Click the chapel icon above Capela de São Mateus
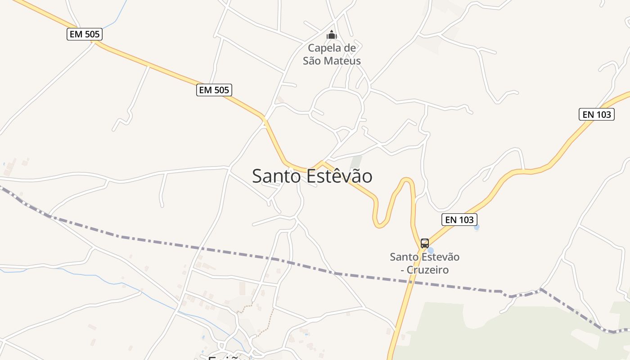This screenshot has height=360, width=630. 332,35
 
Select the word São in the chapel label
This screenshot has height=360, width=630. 310,61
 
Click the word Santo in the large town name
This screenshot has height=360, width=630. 276,176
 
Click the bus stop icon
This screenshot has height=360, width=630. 424,243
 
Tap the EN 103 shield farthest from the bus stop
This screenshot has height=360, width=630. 597,114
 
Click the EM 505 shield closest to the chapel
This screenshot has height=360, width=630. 214,90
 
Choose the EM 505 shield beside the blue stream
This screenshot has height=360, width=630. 85,34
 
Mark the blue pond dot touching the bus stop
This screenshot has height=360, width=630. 431,250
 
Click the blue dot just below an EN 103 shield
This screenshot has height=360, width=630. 477,228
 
